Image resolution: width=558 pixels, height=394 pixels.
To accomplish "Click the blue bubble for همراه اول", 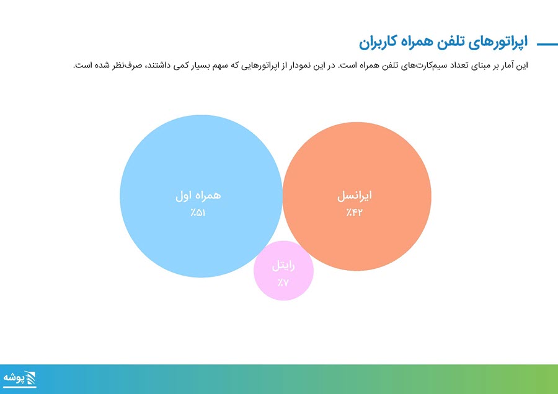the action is pyautogui.click(x=201, y=196).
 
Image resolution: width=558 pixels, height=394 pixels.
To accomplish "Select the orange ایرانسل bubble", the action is pyautogui.click(x=357, y=196).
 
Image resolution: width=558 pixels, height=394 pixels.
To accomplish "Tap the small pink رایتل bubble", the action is pyautogui.click(x=283, y=271).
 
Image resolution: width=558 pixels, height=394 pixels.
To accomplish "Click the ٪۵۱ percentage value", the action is pyautogui.click(x=198, y=212).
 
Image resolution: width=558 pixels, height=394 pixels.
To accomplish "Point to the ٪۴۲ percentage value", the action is pyautogui.click(x=355, y=212).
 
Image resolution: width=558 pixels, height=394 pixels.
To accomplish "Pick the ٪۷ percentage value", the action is pyautogui.click(x=283, y=282).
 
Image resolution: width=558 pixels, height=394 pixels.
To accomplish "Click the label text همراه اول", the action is pyautogui.click(x=198, y=196).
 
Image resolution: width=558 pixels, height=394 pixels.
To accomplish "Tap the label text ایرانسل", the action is pyautogui.click(x=355, y=196).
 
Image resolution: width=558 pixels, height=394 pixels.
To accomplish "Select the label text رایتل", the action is pyautogui.click(x=283, y=266).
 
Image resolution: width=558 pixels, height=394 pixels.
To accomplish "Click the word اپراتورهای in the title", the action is pyautogui.click(x=497, y=42).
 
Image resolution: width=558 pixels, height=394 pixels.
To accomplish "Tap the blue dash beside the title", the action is pyautogui.click(x=547, y=45).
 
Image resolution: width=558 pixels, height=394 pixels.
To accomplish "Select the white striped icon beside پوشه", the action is pyautogui.click(x=30, y=378).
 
